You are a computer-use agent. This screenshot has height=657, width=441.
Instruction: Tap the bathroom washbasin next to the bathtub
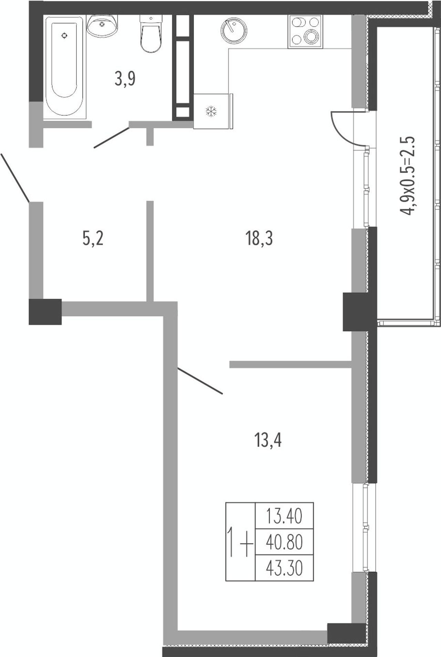pos(102,26)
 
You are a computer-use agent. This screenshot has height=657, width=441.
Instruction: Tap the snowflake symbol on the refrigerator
pos(211,111)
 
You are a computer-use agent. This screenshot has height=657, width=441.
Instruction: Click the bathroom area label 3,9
pos(125,79)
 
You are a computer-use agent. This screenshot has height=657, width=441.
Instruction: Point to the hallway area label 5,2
pos(93,238)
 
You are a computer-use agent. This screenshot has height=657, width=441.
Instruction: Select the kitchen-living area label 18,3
pos(259,238)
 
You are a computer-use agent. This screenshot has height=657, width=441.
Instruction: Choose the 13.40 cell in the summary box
pos(284,517)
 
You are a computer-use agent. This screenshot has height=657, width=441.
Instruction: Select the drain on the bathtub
pos(64,35)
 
